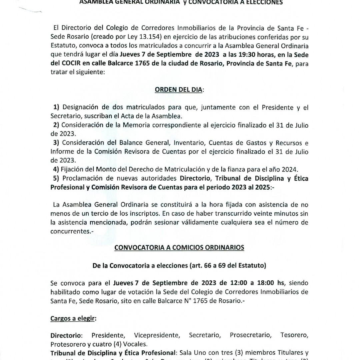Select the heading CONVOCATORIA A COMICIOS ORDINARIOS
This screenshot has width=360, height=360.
coord(179,247)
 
